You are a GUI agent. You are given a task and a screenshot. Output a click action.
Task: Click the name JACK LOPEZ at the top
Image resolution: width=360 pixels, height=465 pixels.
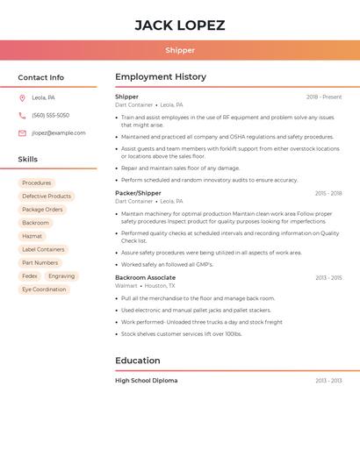click(x=180, y=25)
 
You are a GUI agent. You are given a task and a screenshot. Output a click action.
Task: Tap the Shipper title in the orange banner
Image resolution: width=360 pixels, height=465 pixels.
click(x=180, y=50)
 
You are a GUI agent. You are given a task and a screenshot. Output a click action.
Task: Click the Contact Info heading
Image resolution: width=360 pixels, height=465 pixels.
click(x=40, y=77)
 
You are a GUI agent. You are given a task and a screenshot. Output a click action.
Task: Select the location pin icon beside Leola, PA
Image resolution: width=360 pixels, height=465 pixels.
click(x=22, y=97)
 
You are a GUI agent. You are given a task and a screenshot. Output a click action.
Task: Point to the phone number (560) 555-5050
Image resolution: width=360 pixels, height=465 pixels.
click(x=50, y=115)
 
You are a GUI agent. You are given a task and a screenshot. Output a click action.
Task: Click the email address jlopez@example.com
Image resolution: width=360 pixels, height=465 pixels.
click(x=58, y=132)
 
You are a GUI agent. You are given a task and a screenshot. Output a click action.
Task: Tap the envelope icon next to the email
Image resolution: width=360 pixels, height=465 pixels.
click(x=22, y=132)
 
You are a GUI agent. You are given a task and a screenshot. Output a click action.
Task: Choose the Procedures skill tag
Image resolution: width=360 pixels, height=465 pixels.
click(x=37, y=182)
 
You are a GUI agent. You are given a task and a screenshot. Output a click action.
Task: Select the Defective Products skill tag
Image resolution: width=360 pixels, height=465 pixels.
click(x=47, y=196)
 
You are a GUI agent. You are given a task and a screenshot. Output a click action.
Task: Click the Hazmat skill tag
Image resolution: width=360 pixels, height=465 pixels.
click(x=32, y=236)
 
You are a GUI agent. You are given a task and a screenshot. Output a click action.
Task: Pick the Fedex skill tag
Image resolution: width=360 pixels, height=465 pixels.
click(x=30, y=275)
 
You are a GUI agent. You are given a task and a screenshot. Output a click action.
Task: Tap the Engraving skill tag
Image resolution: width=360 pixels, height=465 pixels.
click(x=61, y=275)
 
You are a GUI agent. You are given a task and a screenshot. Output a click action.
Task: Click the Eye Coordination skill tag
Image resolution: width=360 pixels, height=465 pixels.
click(x=44, y=289)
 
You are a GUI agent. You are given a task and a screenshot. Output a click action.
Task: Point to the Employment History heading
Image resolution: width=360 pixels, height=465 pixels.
click(x=161, y=77)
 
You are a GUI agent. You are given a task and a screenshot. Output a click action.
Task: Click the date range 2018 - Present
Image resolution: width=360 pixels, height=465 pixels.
click(x=324, y=97)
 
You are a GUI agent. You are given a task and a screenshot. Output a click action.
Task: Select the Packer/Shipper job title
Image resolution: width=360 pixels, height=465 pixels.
click(x=138, y=193)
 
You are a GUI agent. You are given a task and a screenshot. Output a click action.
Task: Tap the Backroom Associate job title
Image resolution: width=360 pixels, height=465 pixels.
click(x=145, y=277)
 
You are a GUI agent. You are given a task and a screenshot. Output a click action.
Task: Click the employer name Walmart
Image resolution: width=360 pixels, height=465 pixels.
click(x=126, y=286)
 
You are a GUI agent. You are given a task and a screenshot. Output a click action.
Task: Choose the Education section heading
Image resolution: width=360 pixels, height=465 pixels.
click(x=138, y=361)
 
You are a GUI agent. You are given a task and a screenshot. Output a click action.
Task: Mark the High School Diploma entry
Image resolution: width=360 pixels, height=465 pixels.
click(x=146, y=381)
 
